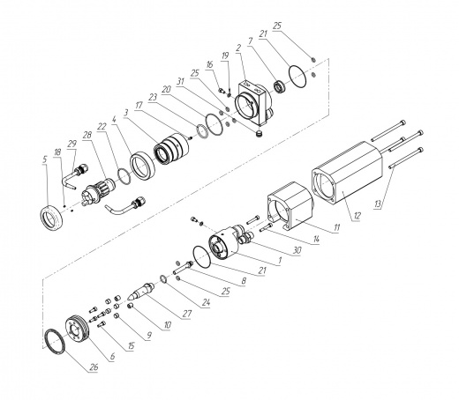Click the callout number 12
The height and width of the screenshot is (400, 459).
click(x=357, y=216)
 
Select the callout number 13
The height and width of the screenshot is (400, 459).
click(x=378, y=204)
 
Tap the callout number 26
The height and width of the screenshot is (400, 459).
click(x=94, y=367)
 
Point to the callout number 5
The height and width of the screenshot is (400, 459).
click(x=44, y=159)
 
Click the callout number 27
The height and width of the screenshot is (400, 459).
click(x=186, y=314)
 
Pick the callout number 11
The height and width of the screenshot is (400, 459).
click(x=337, y=227)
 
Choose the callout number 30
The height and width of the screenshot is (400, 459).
click(x=297, y=250)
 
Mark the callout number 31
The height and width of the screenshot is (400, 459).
click(x=180, y=81)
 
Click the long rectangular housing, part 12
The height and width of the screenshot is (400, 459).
click(x=347, y=173)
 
